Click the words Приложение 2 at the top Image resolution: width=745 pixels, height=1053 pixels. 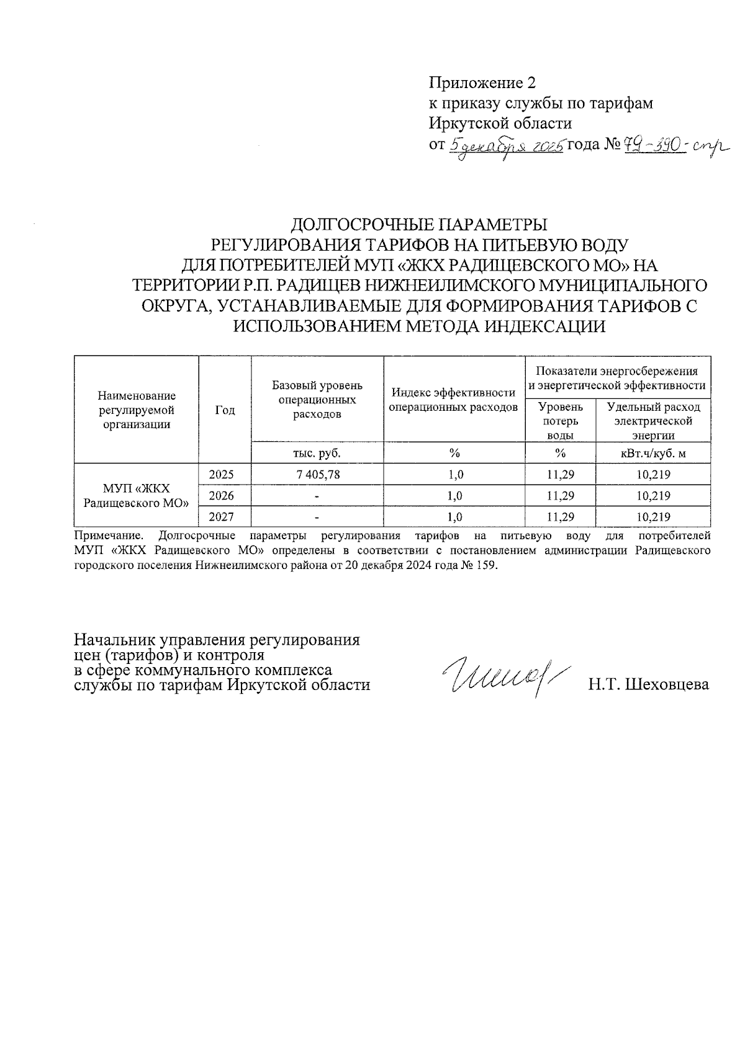[x=482, y=83]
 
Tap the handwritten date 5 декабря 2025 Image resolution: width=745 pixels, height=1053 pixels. [x=505, y=146]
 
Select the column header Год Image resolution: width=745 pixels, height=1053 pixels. [x=225, y=410]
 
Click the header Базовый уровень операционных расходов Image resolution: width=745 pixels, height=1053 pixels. [x=317, y=400]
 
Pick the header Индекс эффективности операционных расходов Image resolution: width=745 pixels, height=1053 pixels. [x=454, y=400]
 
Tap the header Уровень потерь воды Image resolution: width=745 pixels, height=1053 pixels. [x=560, y=421]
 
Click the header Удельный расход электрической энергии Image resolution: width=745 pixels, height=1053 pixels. [x=653, y=421]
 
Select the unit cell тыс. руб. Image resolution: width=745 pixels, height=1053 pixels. [x=317, y=454]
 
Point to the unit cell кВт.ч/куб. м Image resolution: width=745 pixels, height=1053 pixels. [x=653, y=454]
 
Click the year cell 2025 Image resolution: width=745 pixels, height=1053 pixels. [x=222, y=475]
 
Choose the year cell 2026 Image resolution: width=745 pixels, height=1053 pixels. [x=222, y=496]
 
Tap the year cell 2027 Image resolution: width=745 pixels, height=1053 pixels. [x=222, y=517]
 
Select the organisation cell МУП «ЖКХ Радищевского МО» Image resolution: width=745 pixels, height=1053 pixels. [x=136, y=496]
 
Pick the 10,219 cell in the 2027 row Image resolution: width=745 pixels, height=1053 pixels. [x=654, y=517]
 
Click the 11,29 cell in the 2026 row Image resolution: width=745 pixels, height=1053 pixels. [x=560, y=496]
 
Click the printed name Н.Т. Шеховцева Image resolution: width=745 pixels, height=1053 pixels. [x=648, y=684]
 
